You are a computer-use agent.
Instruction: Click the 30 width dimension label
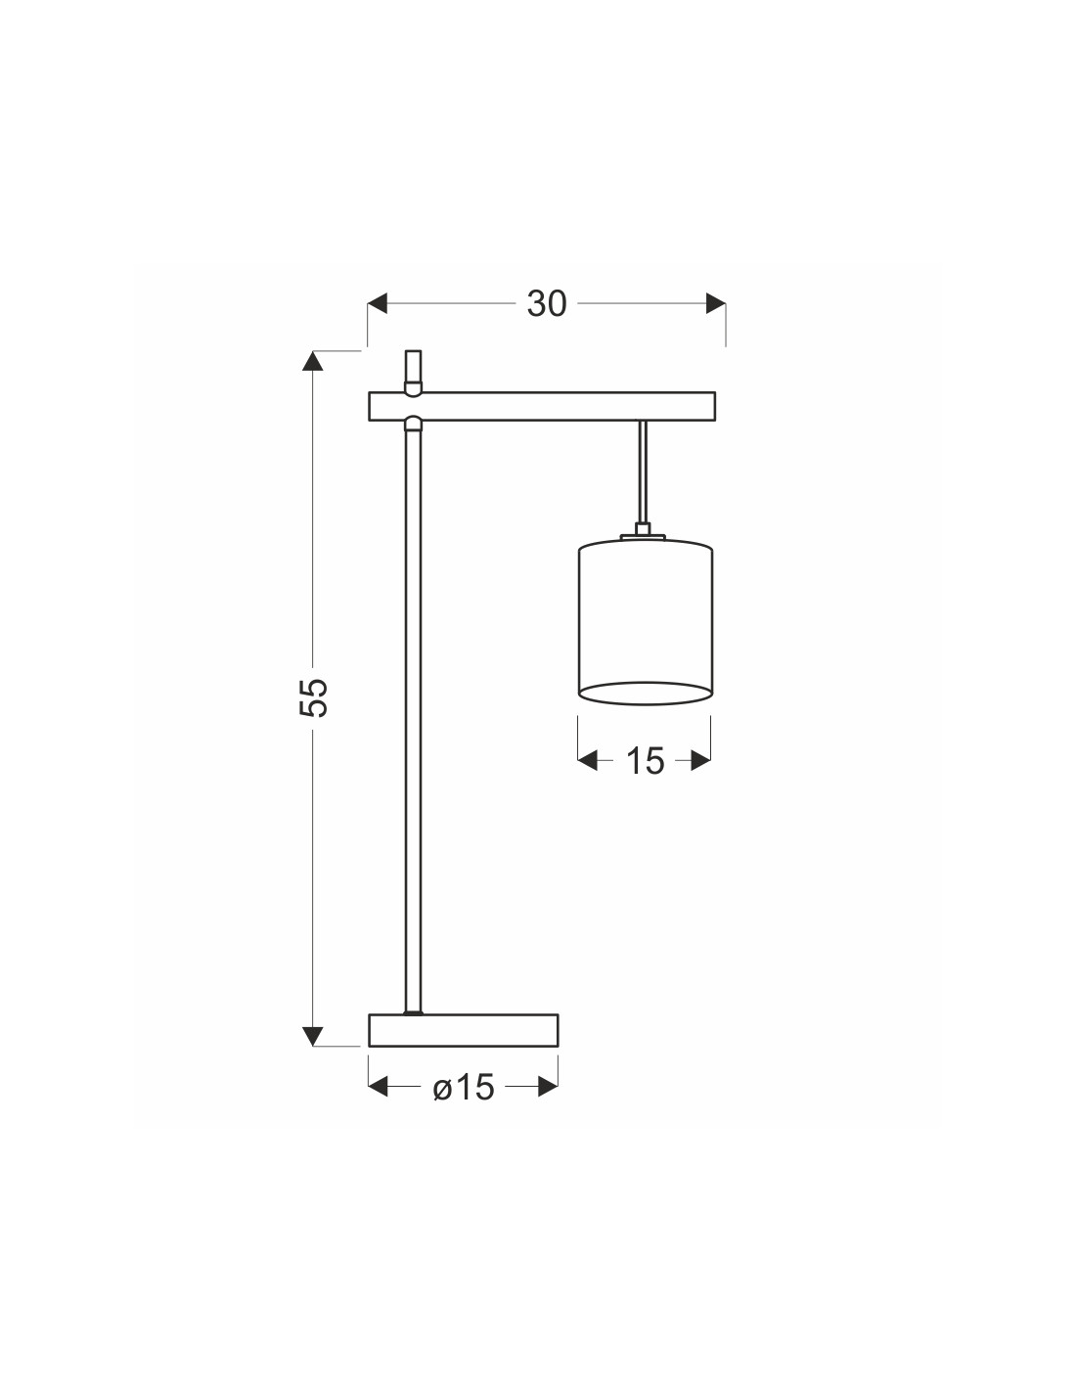coord(547,303)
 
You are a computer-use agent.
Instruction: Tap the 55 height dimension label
coord(314,697)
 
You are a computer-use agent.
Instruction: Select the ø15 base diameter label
coord(464,1087)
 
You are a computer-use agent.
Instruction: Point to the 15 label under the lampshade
coord(646,760)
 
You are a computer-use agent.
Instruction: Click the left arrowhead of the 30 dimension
coord(378,303)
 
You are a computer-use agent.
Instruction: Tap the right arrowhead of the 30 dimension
coord(716,303)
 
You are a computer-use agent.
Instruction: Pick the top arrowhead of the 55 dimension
coord(312,361)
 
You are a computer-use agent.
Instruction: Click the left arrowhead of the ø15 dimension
coord(379,1087)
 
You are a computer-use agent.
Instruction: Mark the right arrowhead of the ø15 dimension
coord(548,1087)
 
